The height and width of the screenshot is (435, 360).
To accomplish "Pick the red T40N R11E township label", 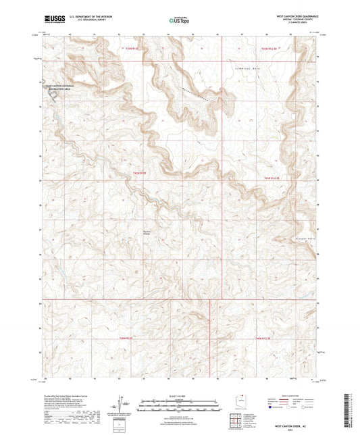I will click(x=128, y=337).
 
